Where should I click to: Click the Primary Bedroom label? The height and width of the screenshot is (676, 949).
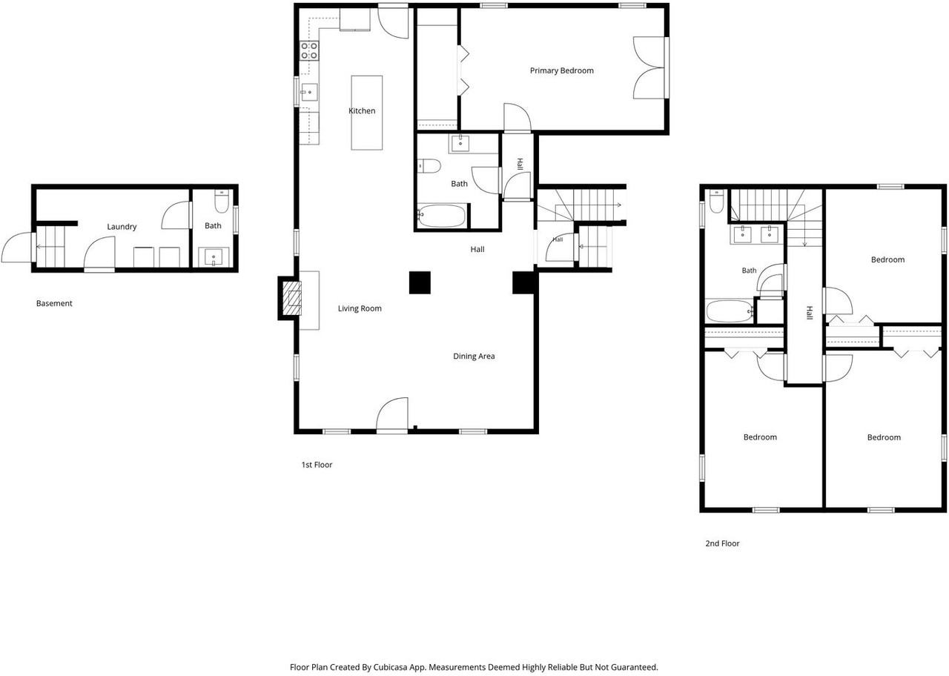point(561,70)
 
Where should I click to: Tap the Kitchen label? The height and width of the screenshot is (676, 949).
point(362,110)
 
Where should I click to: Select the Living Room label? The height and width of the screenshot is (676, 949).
point(360,308)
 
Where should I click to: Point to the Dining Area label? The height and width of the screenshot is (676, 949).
point(474,357)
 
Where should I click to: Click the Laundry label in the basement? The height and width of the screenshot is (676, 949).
point(122,227)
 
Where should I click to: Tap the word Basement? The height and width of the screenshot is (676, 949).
point(54,303)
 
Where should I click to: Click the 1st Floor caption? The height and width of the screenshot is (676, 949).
point(317,465)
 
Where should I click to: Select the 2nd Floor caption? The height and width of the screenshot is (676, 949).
point(722,543)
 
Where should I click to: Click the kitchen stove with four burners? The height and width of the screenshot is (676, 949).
point(310,50)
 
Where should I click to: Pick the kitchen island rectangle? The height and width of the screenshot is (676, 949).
point(367,113)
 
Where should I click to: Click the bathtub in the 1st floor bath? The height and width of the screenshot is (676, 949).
point(441,216)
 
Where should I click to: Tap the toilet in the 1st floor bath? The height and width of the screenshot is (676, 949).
point(429,166)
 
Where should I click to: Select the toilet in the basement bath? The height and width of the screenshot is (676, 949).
point(222,201)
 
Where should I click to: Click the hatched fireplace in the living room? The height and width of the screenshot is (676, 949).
point(292,298)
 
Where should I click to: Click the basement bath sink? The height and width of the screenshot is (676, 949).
point(214,257)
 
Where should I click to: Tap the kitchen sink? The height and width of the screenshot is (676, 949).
point(309,92)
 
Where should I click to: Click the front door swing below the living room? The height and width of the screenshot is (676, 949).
point(392,414)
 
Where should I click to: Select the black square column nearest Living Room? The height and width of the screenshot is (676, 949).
point(420,282)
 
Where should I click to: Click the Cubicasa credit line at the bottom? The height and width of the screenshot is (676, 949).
point(474,667)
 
